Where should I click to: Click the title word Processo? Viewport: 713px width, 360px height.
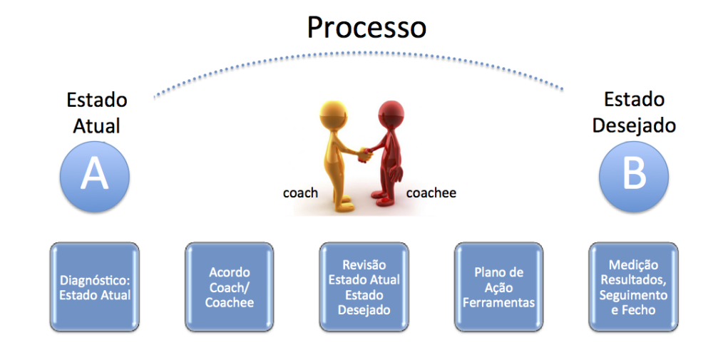click(366, 27)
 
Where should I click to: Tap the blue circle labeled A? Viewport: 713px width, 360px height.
click(95, 176)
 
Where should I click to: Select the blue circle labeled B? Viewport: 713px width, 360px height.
click(633, 176)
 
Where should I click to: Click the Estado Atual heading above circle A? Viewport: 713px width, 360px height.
click(97, 113)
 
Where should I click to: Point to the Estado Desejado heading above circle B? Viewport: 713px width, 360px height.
click(634, 113)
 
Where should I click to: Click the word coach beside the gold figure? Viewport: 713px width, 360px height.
click(300, 192)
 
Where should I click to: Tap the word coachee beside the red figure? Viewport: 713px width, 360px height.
click(431, 192)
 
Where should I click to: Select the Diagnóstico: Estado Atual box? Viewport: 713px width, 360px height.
click(95, 287)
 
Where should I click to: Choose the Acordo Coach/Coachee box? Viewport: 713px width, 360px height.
click(229, 287)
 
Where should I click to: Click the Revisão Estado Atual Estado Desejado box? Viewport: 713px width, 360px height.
click(364, 287)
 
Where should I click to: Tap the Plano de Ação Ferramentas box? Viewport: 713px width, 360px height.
click(499, 287)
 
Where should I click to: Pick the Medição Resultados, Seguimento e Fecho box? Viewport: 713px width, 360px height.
click(633, 287)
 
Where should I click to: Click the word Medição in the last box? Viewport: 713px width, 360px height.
click(633, 265)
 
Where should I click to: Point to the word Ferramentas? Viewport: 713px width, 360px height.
click(499, 302)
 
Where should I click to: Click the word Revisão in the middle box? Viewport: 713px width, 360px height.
click(364, 264)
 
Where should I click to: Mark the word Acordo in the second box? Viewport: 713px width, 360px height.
click(230, 272)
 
